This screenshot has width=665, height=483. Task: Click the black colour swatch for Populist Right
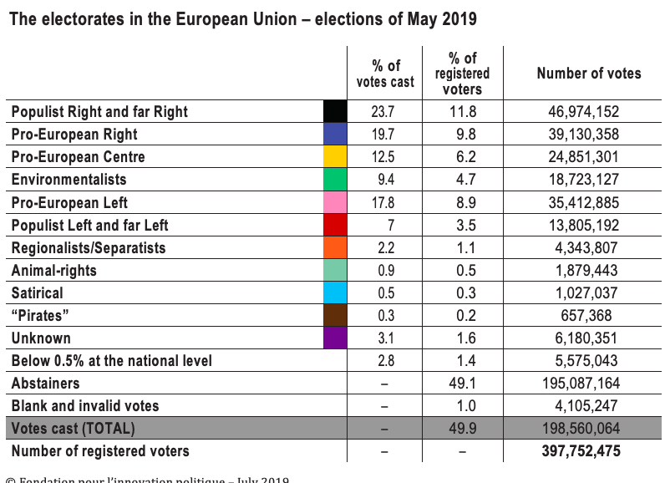335,111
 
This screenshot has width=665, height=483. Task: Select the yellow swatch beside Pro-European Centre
335,157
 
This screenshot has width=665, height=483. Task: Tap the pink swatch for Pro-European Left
335,202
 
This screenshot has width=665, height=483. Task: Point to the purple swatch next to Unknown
335,338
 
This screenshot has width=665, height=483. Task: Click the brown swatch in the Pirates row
335,316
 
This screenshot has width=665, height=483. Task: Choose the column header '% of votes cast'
385,74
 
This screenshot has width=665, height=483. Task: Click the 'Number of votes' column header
589,74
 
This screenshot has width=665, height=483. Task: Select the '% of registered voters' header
462,74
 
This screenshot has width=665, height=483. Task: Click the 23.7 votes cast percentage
385,112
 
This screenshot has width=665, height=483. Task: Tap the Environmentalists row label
69,180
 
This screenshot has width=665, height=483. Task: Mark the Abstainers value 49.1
462,384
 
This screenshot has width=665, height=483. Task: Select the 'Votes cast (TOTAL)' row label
74,429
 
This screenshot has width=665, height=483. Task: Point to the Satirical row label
38,293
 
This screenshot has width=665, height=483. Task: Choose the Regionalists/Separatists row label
89,248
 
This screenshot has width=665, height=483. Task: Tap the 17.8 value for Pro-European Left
385,202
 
